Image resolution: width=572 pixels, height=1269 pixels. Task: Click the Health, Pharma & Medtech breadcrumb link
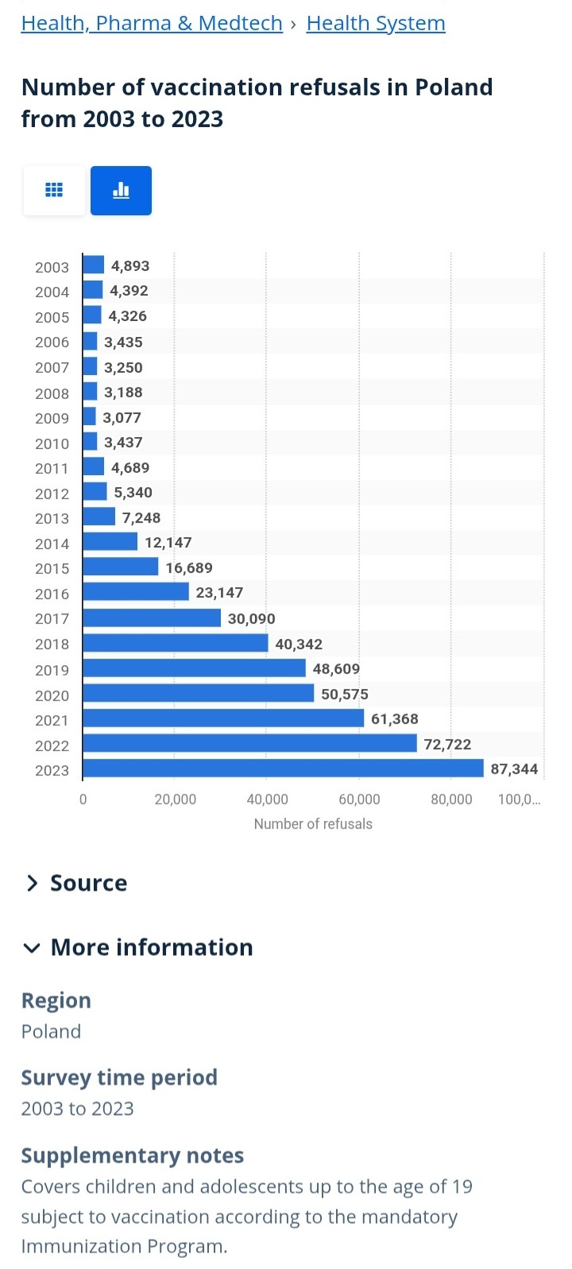click(x=152, y=24)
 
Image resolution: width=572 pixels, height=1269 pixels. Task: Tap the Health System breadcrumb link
click(x=376, y=24)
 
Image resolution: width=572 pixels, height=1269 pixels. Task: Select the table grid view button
click(x=54, y=190)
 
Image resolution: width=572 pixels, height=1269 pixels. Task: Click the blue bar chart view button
click(x=121, y=190)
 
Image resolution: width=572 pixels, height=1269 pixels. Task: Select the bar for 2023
click(x=283, y=768)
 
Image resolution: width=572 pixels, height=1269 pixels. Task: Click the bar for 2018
click(x=175, y=643)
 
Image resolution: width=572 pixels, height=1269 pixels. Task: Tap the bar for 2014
click(x=110, y=542)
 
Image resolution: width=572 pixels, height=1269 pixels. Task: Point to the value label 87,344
click(x=514, y=769)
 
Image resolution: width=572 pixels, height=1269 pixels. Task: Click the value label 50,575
click(x=345, y=694)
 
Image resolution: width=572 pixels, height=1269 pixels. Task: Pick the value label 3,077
click(x=122, y=418)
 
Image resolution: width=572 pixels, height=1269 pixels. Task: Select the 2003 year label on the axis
click(x=52, y=267)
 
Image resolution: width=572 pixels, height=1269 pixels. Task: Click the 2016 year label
click(x=52, y=594)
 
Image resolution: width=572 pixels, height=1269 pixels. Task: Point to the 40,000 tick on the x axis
click(x=267, y=799)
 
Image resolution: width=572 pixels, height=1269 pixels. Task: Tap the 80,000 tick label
click(x=451, y=799)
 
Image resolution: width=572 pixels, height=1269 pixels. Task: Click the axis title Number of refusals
click(x=313, y=824)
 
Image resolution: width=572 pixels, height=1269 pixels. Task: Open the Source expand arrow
click(x=32, y=884)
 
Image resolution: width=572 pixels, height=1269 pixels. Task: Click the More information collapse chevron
click(x=32, y=948)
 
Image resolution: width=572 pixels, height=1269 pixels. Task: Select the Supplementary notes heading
click(x=132, y=1155)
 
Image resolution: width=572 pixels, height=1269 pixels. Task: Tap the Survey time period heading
click(x=119, y=1077)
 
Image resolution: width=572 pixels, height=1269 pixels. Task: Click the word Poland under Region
click(x=51, y=1031)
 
